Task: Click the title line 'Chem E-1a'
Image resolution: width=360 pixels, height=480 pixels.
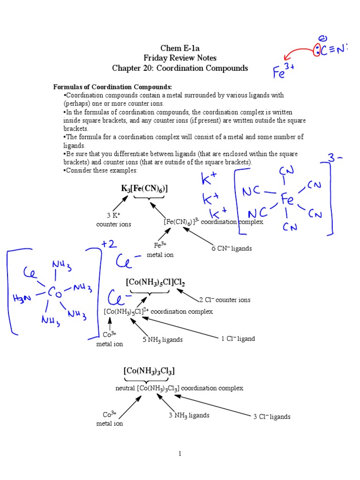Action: (x=180, y=48)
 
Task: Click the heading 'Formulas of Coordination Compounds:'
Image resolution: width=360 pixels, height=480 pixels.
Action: (x=112, y=87)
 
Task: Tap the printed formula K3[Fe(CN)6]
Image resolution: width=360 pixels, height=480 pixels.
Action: (x=144, y=188)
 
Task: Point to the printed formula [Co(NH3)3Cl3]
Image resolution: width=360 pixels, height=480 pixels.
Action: (x=149, y=371)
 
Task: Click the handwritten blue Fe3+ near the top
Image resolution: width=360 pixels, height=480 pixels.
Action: (x=284, y=72)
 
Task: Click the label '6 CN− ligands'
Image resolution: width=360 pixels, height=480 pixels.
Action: (x=232, y=248)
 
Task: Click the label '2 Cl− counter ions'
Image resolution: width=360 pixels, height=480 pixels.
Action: (x=225, y=300)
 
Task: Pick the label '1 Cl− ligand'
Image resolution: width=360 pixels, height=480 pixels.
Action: (x=238, y=338)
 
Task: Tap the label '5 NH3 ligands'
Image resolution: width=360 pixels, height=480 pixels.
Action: (x=163, y=339)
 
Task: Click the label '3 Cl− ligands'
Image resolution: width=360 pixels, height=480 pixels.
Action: (x=272, y=416)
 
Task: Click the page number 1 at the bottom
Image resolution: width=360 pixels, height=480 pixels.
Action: (x=180, y=453)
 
